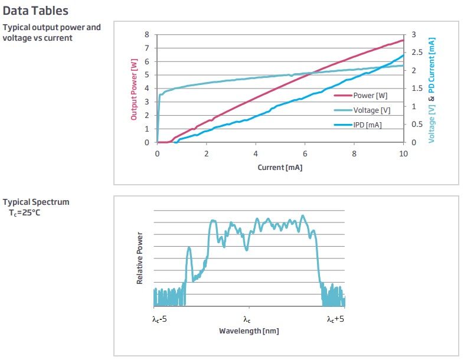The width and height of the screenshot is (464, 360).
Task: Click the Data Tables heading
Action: [36, 11]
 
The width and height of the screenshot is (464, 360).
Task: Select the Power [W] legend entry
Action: [370, 95]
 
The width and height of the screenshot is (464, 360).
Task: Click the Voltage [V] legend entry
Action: [371, 110]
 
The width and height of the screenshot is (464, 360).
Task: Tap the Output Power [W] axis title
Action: [133, 93]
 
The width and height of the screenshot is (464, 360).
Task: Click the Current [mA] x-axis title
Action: [280, 168]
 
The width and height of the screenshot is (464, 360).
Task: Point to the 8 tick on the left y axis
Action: [147, 35]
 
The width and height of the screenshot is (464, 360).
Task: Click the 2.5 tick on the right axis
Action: [415, 53]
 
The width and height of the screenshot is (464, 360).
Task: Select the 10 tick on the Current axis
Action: [403, 153]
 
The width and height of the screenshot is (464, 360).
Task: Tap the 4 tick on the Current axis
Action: [256, 153]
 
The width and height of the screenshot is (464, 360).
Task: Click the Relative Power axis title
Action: [140, 258]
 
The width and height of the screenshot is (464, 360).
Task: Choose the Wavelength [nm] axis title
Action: [249, 331]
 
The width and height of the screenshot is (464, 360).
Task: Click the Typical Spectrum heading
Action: [36, 202]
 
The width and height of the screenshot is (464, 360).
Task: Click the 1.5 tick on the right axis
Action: [415, 89]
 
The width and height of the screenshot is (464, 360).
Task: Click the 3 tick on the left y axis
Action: [147, 102]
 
